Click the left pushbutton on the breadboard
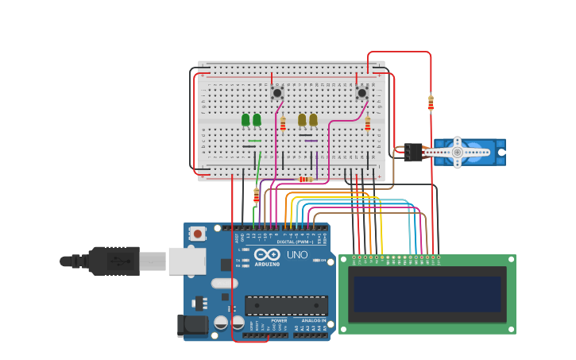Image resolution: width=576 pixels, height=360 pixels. point(276,93)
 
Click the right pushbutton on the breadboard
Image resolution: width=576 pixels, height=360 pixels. point(361,93)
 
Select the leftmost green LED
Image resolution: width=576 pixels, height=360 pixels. point(245,120)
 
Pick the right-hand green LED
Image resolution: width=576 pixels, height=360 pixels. point(257,120)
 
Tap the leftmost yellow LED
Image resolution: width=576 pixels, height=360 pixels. point(302,120)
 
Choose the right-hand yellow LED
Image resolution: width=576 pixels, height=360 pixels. point(313,120)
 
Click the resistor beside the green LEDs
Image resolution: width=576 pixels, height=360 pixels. point(283,123)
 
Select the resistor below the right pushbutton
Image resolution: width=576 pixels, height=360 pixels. point(367,123)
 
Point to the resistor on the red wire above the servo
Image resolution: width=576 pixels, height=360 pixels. point(431,103)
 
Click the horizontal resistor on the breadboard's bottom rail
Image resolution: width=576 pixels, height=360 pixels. point(305,180)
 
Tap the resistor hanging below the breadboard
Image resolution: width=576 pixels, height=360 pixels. point(256,195)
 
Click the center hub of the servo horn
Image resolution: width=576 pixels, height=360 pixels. point(457,152)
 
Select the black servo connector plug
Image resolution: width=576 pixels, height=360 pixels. point(413,152)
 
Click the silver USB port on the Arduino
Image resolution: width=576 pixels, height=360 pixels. point(187,261)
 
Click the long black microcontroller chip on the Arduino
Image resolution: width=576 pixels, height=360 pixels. point(286,305)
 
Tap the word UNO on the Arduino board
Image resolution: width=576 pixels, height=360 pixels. point(296,255)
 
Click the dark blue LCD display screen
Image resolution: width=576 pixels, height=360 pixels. point(427,294)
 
